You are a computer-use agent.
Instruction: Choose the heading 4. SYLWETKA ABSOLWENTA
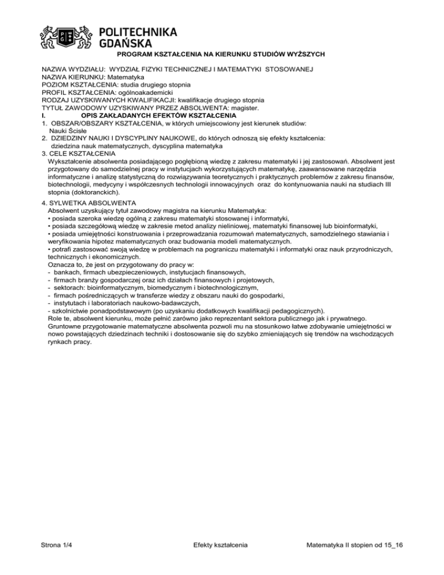click(89, 203)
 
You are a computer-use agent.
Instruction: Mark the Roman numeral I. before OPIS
click(45, 115)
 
